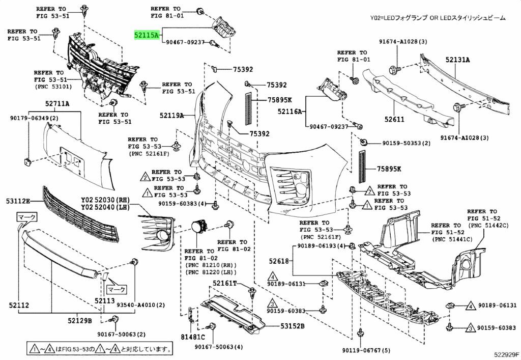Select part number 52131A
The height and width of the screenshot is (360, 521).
(458, 60)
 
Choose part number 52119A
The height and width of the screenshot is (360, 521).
(171, 116)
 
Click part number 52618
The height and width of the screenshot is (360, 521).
(279, 261)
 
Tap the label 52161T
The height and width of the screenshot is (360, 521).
(225, 283)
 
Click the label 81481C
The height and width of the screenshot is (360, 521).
(192, 337)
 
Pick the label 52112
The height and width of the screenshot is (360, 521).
(18, 306)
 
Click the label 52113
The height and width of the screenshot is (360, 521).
(104, 301)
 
